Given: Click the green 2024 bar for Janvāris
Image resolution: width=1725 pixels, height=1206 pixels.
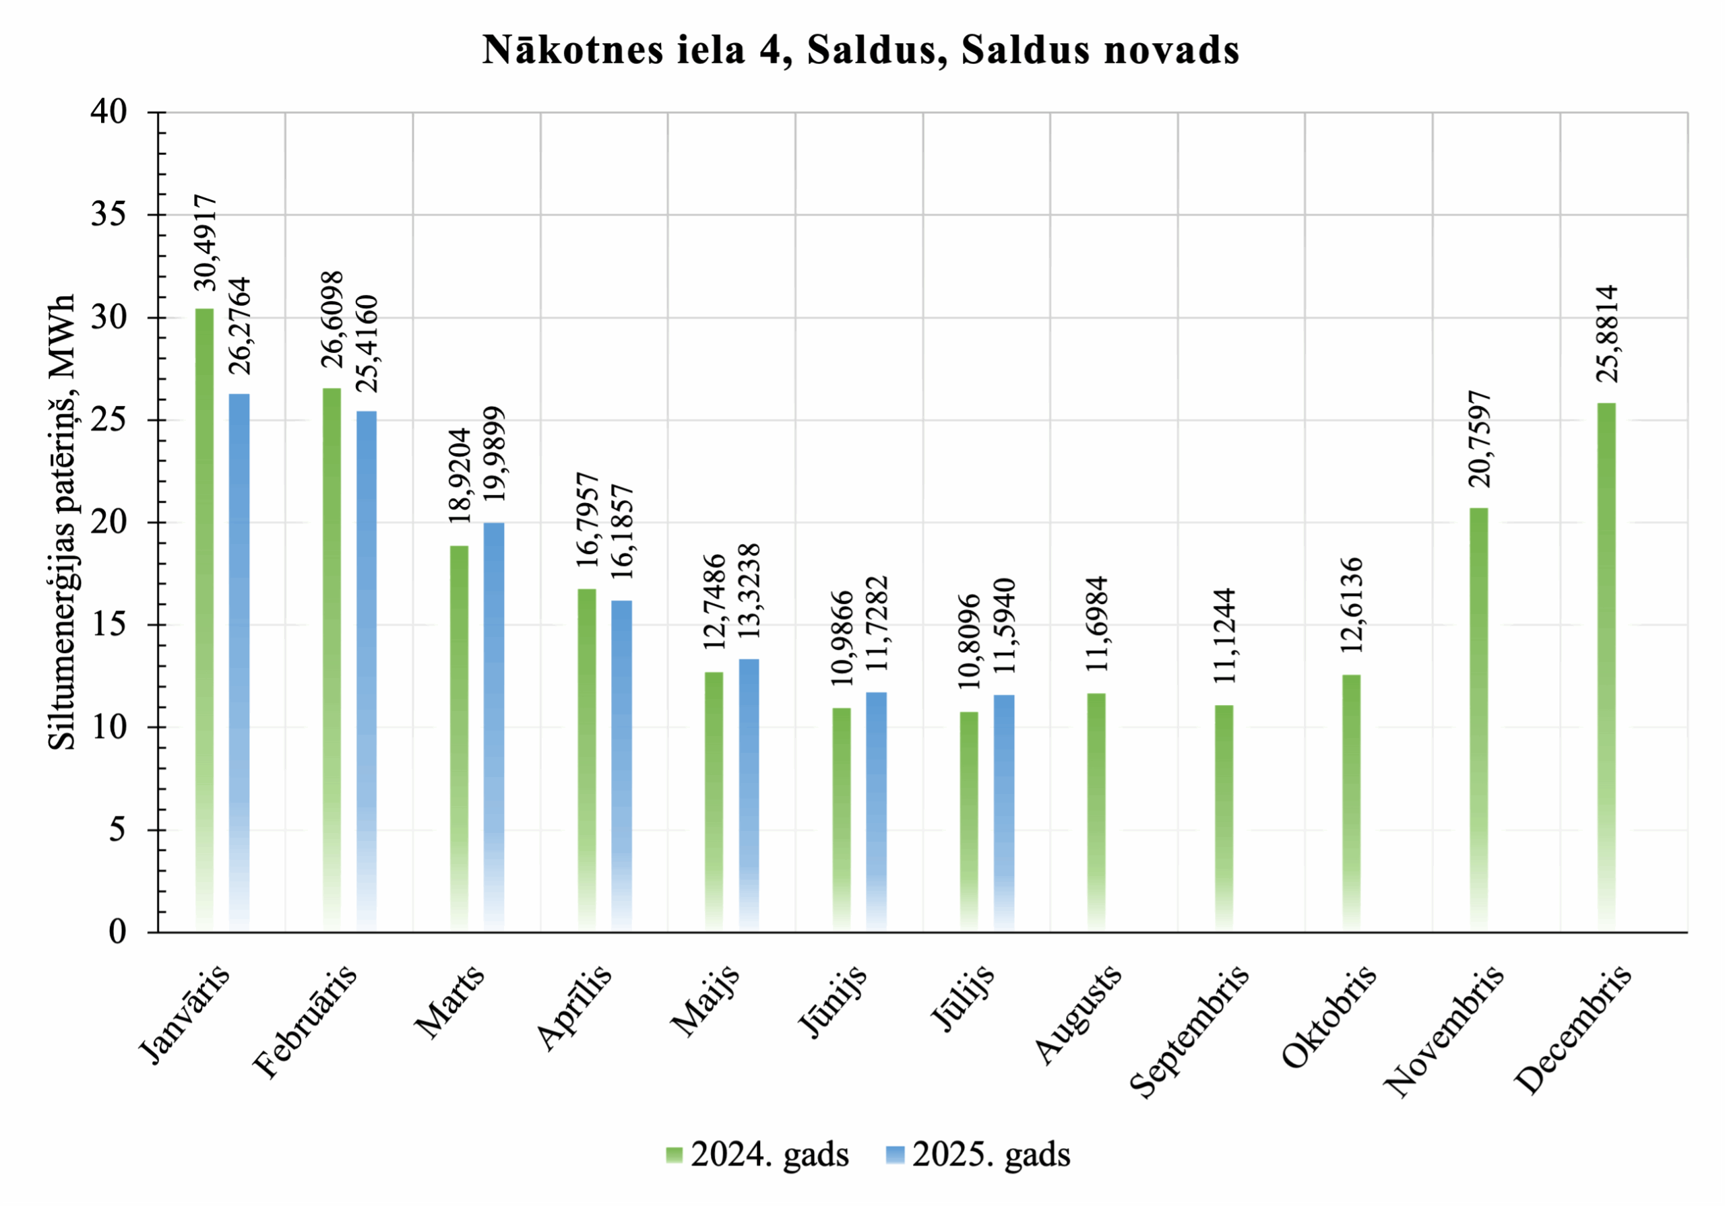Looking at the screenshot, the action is click(x=204, y=620).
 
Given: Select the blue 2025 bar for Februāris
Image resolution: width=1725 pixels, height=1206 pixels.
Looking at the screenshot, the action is click(x=367, y=672).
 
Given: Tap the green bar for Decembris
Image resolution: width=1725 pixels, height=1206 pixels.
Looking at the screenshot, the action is click(x=1606, y=667).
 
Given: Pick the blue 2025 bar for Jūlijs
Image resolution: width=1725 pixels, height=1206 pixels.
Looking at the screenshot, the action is click(x=1004, y=814).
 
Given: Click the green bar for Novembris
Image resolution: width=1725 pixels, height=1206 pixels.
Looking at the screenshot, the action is click(x=1478, y=720).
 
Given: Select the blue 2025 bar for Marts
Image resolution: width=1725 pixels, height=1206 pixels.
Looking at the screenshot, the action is click(x=494, y=728).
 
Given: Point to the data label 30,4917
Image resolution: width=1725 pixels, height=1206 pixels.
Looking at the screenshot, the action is click(x=205, y=242).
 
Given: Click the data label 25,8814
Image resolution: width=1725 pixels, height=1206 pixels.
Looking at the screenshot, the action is click(x=1607, y=333).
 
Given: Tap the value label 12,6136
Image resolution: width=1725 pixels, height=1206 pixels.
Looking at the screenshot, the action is click(x=1352, y=605).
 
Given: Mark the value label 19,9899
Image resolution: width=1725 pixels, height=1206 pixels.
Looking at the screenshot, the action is click(x=494, y=455).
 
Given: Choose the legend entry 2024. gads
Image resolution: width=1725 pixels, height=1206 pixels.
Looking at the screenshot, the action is click(x=757, y=1154).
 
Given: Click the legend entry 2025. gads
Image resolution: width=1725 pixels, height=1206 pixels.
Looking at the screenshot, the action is click(x=979, y=1154).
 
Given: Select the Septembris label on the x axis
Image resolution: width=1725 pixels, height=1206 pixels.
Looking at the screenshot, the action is click(x=1190, y=1032).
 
